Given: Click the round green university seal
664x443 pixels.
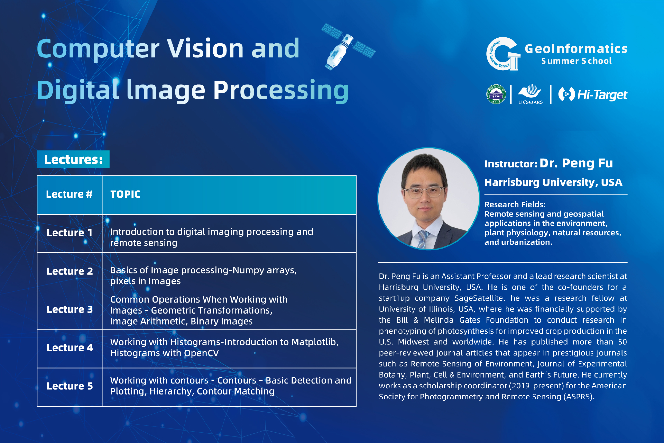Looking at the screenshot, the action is click(x=496, y=94).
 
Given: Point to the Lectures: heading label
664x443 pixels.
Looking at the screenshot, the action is click(x=73, y=159).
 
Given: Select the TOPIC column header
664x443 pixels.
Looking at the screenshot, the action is click(x=125, y=194).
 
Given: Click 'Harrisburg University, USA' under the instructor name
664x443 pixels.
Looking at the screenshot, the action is click(x=553, y=182).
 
